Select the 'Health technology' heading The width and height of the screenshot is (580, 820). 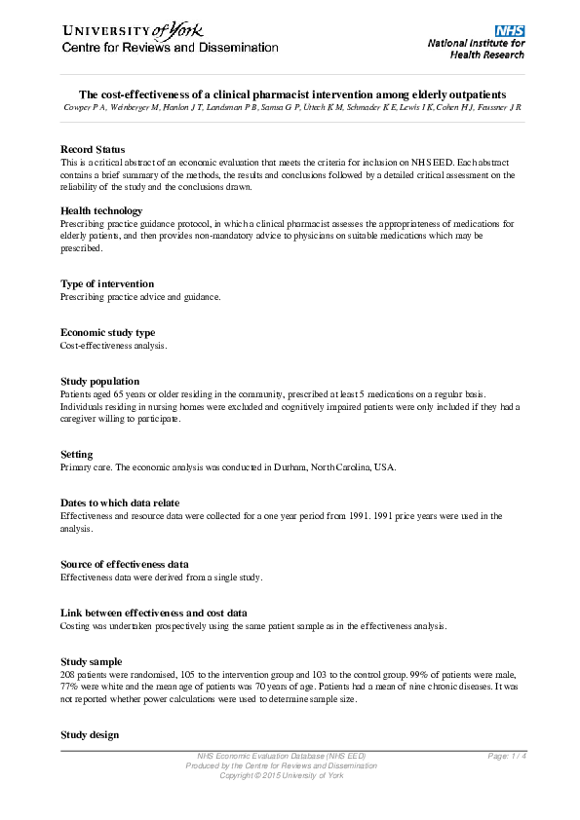coord(101,210)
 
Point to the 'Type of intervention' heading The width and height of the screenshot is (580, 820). coord(107,283)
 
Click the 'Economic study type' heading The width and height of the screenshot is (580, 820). coord(107,332)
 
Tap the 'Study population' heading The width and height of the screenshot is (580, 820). coord(99,381)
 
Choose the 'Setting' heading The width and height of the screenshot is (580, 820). coord(77,454)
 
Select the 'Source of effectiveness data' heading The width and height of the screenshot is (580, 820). coord(125,564)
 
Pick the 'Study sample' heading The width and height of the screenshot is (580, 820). coord(91,661)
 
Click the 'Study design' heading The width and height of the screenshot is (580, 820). coord(90,734)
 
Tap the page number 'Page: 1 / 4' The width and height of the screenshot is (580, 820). coord(507,756)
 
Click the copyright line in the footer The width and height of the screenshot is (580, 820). coord(281,775)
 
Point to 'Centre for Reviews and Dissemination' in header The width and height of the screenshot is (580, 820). coord(171,48)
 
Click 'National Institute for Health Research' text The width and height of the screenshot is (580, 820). coord(477,49)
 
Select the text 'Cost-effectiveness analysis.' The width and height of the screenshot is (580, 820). coord(114,346)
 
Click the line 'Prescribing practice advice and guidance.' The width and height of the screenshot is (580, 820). coord(140,297)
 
